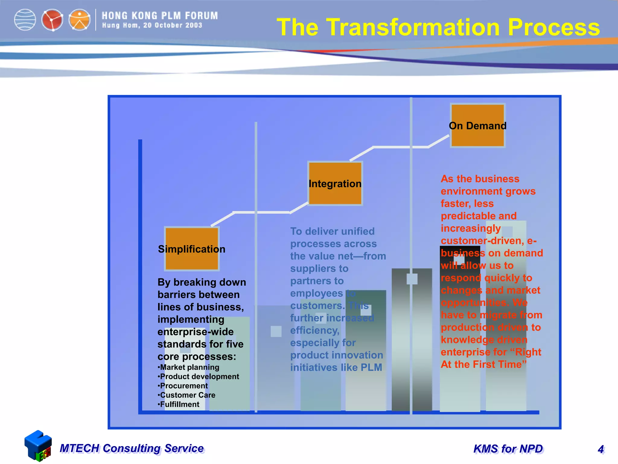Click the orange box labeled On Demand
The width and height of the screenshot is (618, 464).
tap(477, 125)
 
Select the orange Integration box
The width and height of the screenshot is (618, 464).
tap(335, 183)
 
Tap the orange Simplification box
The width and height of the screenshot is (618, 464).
tap(192, 249)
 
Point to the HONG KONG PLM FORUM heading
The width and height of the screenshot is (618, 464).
tap(160, 16)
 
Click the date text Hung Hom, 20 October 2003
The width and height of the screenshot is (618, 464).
tap(152, 25)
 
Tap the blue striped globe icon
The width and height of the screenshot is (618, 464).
tap(25, 20)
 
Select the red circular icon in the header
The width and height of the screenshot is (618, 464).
tap(52, 20)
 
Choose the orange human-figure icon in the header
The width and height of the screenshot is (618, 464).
tap(79, 20)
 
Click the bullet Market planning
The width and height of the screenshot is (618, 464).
tap(189, 367)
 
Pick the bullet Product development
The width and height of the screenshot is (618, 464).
tap(199, 377)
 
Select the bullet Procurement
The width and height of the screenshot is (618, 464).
tap(183, 386)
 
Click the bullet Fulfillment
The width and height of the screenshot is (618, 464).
tap(179, 404)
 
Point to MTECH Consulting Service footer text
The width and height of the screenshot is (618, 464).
tap(132, 448)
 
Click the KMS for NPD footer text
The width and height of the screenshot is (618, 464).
tap(508, 449)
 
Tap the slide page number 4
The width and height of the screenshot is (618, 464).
tap(600, 449)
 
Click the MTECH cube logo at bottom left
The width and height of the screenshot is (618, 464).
tap(38, 446)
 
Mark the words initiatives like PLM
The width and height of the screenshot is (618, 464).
tap(336, 367)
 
